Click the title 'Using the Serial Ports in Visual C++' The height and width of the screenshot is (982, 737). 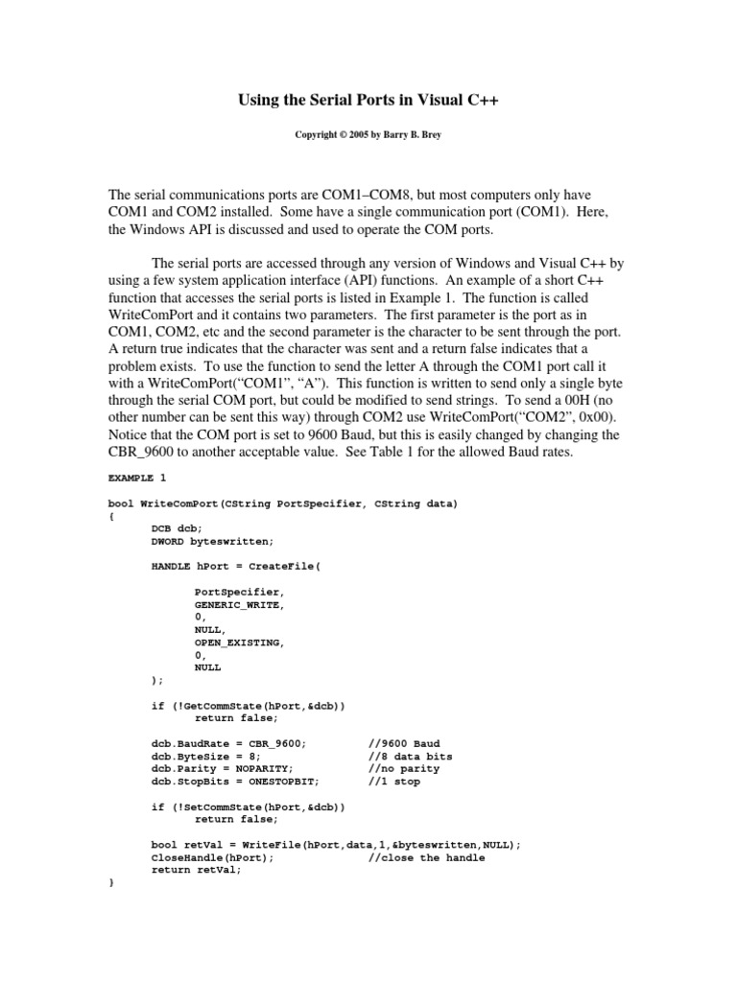[x=368, y=100]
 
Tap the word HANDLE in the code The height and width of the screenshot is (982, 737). [x=170, y=566]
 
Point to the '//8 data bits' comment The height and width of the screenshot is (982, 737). [x=410, y=756]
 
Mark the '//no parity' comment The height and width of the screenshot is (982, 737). [x=404, y=768]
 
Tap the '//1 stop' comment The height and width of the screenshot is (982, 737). [x=394, y=781]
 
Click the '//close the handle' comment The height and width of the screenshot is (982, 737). [x=426, y=856]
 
